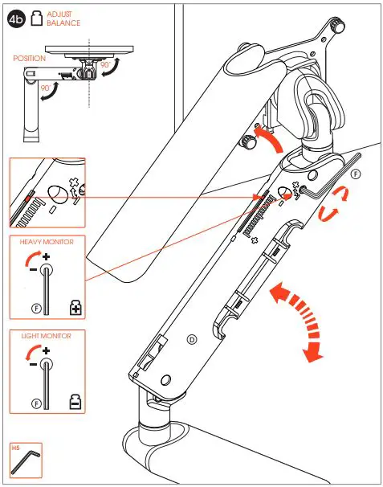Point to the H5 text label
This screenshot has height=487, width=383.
(15, 447)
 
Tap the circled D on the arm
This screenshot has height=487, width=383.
(191, 339)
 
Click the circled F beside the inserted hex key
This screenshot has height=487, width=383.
(356, 174)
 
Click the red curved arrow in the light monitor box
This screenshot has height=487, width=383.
(33, 354)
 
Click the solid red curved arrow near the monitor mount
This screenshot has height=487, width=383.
(267, 138)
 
